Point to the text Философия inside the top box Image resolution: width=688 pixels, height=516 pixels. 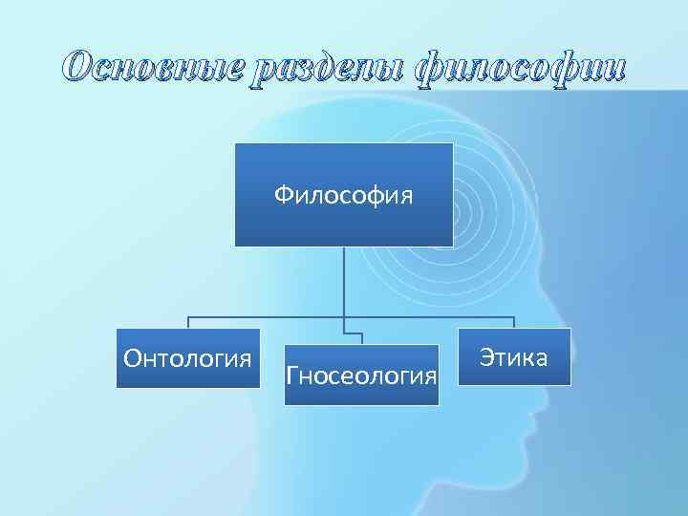click(x=343, y=196)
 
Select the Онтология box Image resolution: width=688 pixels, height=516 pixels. click(x=188, y=359)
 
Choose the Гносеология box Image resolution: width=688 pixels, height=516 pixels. click(x=361, y=375)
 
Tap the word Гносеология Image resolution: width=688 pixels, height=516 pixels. click(x=361, y=375)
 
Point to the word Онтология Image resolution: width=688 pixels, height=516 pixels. click(x=188, y=359)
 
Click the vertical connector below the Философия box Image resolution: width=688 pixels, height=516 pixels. click(x=343, y=282)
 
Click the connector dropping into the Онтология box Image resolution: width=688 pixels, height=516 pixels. click(x=187, y=323)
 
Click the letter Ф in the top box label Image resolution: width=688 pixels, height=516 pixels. click(x=283, y=196)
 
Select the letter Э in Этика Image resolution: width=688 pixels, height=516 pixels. click(x=485, y=358)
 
